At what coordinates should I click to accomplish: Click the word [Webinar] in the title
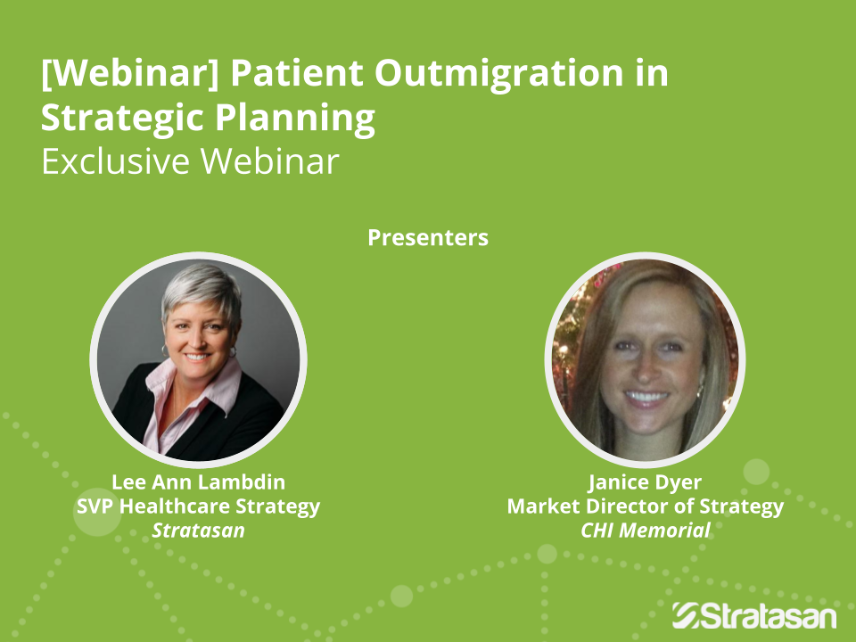click(130, 73)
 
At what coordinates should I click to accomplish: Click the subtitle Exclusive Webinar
click(190, 161)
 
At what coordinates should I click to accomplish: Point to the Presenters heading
click(428, 237)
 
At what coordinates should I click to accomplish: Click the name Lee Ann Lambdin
click(198, 482)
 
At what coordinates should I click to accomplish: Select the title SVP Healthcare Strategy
click(198, 506)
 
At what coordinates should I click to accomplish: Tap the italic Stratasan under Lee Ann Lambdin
click(198, 530)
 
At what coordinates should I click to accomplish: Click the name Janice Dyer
click(646, 482)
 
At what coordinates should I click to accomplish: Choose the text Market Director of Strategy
click(646, 506)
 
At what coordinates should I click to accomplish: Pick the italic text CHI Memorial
click(646, 530)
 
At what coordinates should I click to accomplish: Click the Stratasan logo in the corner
click(754, 616)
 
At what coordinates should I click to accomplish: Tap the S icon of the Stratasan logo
click(686, 616)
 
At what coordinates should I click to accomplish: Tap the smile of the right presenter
click(646, 396)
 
